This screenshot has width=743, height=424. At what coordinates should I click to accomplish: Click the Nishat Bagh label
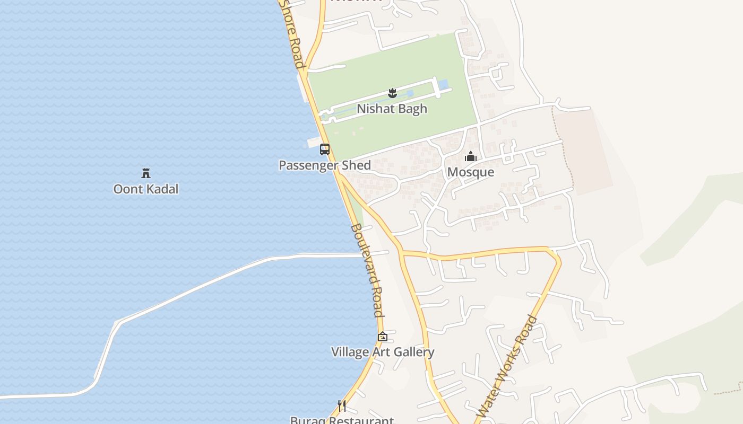[x=392, y=109]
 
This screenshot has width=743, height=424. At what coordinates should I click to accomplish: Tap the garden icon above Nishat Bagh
[x=392, y=93]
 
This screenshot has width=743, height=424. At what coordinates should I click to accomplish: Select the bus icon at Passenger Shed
[x=325, y=149]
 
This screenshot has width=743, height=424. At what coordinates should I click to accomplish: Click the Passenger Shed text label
[x=325, y=165]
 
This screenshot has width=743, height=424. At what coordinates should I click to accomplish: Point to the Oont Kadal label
[x=146, y=189]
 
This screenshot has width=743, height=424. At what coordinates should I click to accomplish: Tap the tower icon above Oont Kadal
[x=146, y=173]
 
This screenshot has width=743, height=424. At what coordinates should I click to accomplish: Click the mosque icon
[x=470, y=156]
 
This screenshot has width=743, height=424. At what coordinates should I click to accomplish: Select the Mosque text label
[x=470, y=172]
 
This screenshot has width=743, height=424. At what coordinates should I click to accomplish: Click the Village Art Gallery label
[x=383, y=352]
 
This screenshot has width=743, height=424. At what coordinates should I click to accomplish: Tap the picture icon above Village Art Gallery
[x=383, y=337]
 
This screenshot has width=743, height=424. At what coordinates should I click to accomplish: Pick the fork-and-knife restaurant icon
[x=342, y=406]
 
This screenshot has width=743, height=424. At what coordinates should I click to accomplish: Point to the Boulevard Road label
[x=367, y=270]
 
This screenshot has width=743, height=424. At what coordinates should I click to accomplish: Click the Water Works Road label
[x=507, y=366]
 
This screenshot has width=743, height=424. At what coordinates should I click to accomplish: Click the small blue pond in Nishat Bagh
[x=443, y=84]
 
